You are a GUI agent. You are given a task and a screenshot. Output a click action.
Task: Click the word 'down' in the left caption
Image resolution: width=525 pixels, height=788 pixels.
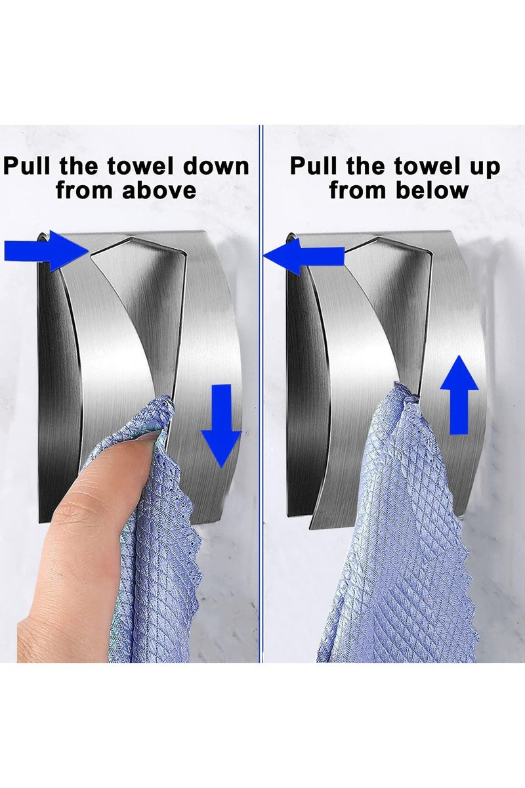pos(217,165)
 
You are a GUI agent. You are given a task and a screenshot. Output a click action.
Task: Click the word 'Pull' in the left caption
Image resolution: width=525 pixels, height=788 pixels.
pos(28,165)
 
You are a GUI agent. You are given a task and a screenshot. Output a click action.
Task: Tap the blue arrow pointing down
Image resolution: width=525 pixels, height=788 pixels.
pos(221,425)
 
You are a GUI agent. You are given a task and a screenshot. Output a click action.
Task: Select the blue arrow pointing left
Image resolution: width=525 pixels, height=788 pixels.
pos(303,255)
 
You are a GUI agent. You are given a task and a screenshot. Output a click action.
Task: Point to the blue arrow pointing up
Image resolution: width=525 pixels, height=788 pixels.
pos(459,394)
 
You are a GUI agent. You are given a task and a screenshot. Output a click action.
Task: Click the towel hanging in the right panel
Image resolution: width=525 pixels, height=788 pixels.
pos(400,538)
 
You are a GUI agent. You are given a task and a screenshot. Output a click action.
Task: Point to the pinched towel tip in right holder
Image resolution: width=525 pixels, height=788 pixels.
pos(407,392)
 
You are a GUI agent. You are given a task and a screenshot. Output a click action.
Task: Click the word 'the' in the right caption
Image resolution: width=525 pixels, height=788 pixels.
pos(367,165)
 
